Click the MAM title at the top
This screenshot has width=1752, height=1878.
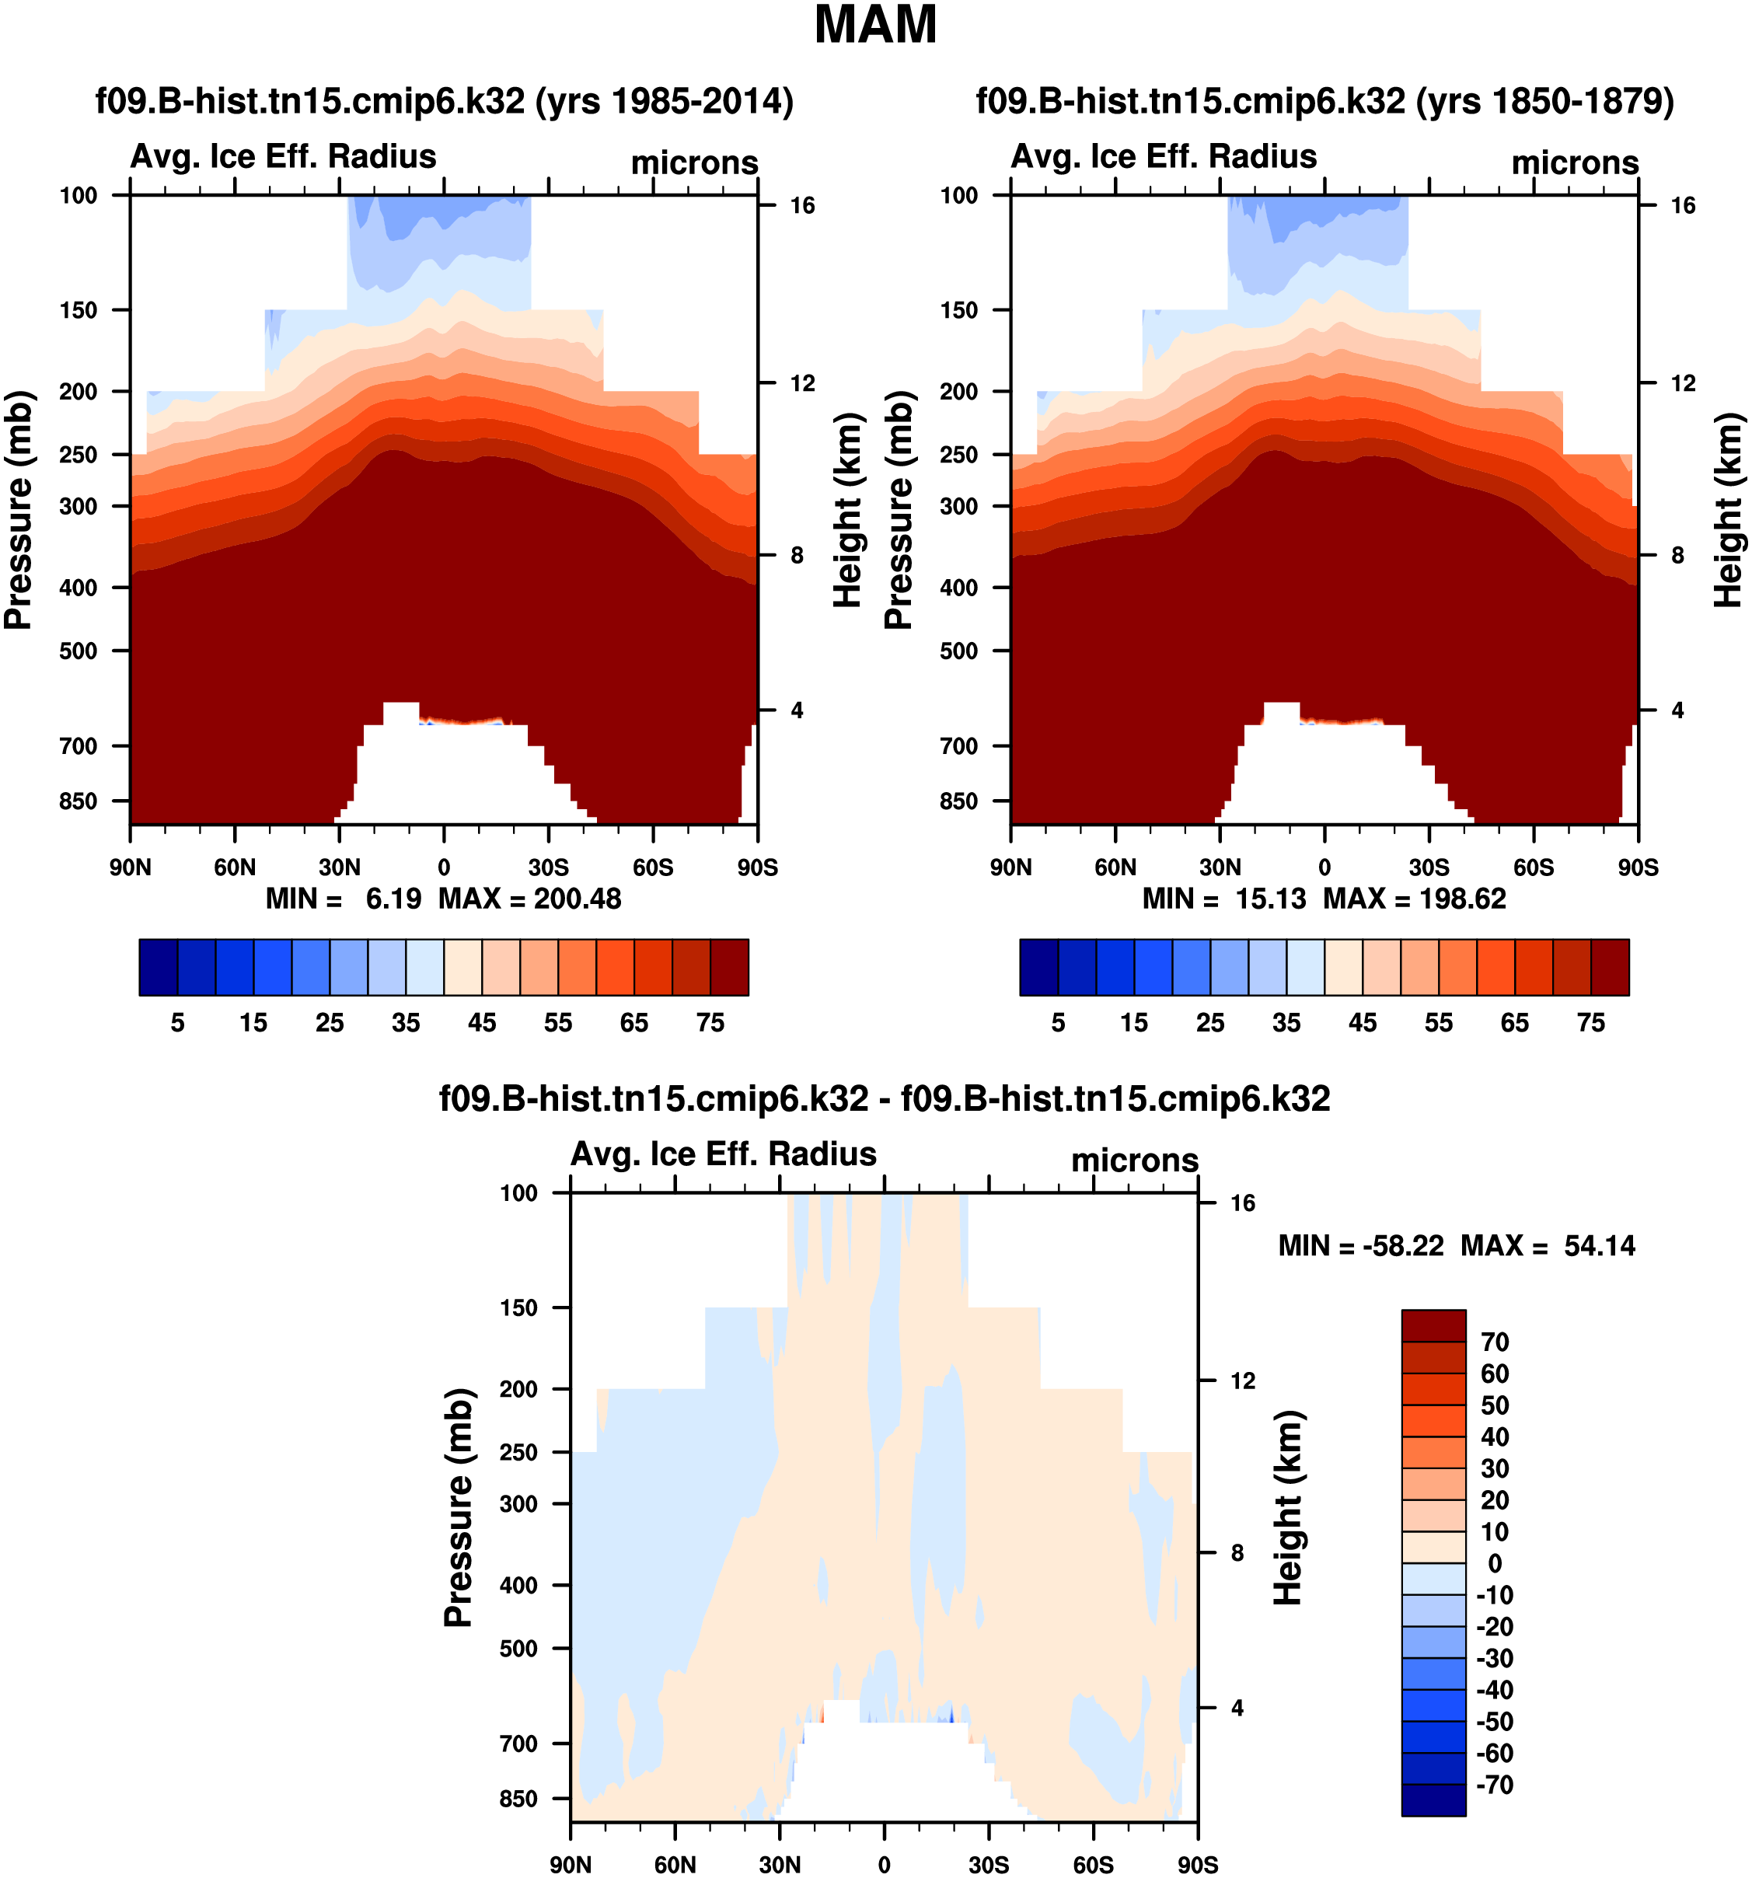point(874,26)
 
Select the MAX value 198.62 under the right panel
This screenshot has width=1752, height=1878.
point(1463,899)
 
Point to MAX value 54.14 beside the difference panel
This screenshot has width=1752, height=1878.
point(1599,1246)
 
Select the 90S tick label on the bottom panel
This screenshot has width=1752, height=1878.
point(1197,1865)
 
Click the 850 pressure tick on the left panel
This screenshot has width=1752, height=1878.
point(79,801)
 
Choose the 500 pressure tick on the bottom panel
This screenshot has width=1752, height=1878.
point(518,1649)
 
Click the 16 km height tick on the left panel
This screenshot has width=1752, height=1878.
point(802,206)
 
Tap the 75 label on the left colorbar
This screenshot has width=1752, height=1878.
point(710,1023)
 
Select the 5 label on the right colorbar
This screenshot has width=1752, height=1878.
point(1058,1023)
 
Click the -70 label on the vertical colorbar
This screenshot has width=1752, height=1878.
point(1494,1785)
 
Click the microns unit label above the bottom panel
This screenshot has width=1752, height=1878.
point(1134,1160)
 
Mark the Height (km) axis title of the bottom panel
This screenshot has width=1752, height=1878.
point(1287,1508)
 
